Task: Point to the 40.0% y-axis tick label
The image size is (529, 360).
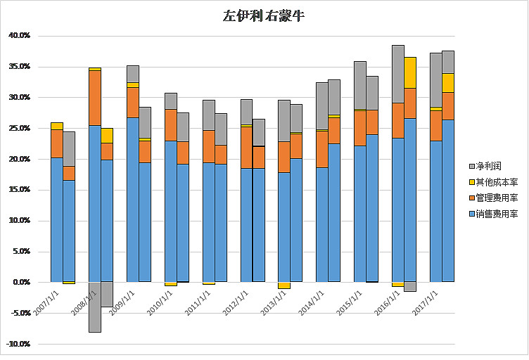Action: [19, 35]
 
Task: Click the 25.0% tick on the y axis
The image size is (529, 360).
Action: [19, 128]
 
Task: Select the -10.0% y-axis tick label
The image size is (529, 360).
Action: [18, 344]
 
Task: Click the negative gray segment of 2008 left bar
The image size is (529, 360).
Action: [94, 307]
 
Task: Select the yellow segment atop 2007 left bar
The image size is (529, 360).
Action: [56, 126]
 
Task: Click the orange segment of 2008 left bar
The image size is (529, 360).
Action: [94, 98]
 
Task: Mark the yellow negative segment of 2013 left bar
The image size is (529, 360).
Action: [284, 285]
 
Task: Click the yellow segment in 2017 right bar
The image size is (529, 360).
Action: [448, 82]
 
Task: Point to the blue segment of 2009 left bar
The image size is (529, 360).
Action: [132, 200]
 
